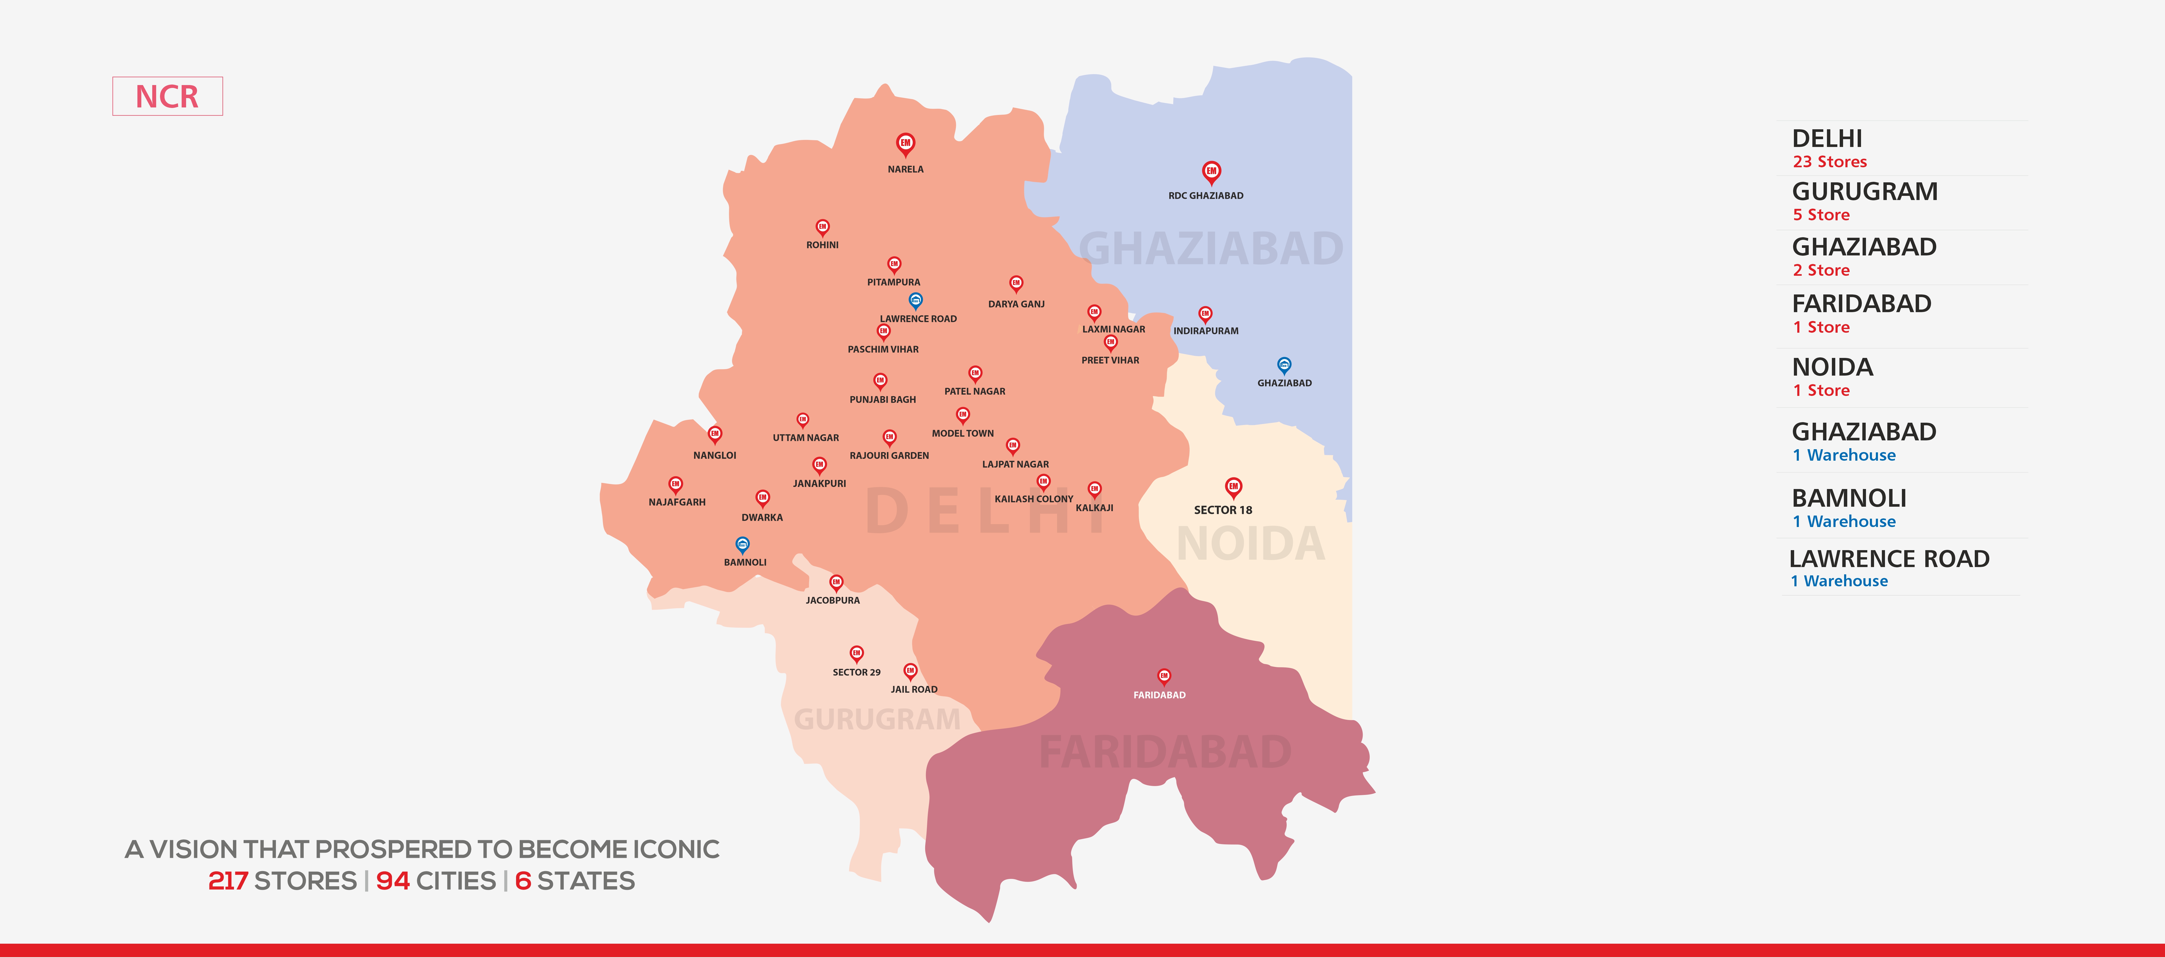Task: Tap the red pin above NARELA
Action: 905,144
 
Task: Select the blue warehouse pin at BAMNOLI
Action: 742,544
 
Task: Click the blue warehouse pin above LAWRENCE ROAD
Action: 916,300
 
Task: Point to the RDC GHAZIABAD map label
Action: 1205,196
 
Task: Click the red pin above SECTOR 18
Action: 1233,487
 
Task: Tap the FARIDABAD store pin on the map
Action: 1164,676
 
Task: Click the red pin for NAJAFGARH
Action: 675,484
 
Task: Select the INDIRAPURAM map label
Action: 1205,331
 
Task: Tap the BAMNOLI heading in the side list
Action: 1849,498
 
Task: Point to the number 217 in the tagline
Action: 228,881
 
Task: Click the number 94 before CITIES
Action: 392,881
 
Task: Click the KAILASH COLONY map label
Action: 1034,499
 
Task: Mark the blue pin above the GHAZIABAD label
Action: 1283,365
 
